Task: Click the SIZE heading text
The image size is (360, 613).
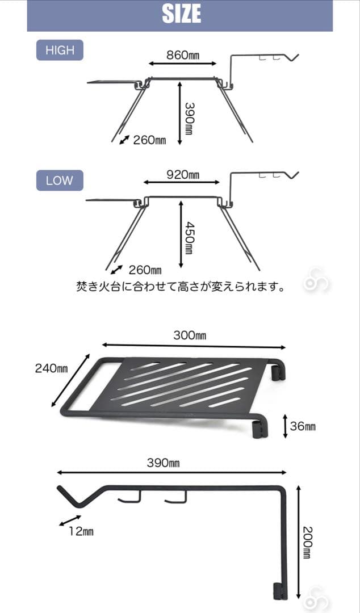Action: point(181,14)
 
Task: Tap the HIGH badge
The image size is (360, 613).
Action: point(60,50)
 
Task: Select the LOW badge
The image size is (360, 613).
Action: point(60,180)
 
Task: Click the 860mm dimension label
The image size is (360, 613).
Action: point(183,55)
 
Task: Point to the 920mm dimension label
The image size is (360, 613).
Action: point(183,174)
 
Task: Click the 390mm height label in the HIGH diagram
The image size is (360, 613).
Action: point(190,119)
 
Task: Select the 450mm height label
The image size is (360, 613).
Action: point(190,238)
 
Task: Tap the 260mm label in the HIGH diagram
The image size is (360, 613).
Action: point(149,140)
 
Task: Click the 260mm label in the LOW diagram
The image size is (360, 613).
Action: point(145,270)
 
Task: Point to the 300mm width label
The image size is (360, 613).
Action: point(190,335)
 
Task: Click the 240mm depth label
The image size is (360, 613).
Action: point(51,368)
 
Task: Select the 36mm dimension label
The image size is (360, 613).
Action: point(303,426)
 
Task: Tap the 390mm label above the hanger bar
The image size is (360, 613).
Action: point(163,463)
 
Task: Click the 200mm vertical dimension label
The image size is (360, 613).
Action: point(307,542)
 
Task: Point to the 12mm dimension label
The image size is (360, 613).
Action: point(82,531)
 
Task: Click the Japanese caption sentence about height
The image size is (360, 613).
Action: point(179,287)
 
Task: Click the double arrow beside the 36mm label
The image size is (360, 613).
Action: point(285,426)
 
